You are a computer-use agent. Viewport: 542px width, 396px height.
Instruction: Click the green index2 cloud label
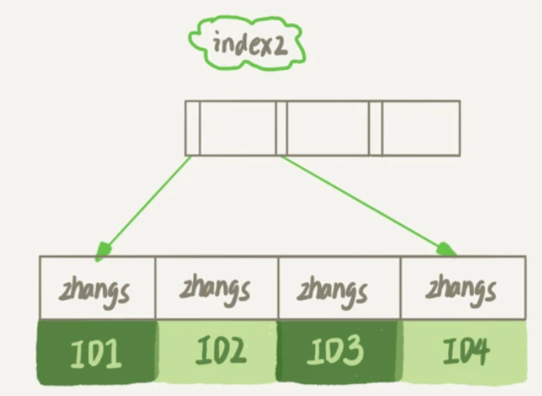(246, 44)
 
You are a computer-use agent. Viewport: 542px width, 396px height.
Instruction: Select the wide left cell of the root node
(237, 128)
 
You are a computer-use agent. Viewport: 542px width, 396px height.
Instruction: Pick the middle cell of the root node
(327, 128)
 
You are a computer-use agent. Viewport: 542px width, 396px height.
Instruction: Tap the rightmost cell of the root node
(420, 128)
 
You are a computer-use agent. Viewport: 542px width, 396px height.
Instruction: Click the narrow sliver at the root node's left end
(192, 128)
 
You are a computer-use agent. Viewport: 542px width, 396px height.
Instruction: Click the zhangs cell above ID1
(97, 288)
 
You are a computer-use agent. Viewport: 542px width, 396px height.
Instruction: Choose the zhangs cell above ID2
(216, 288)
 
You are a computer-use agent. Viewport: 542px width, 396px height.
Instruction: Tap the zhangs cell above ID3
(338, 288)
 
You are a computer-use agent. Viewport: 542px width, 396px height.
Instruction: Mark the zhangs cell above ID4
(462, 288)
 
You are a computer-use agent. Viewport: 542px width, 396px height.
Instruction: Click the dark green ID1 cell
(97, 352)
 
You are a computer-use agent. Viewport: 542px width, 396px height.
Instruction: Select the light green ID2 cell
(217, 352)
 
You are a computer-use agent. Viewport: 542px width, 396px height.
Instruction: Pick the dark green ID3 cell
(339, 352)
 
